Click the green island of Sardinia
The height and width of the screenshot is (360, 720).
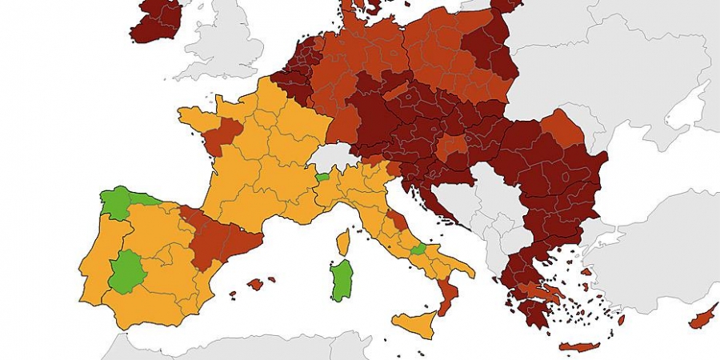click(342, 280)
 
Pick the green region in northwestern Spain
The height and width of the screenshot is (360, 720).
click(120, 202)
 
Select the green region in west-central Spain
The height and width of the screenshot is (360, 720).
click(126, 272)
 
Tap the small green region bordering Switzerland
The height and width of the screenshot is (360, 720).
click(322, 177)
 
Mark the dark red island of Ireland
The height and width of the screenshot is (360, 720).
click(156, 20)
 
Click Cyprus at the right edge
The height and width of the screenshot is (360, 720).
click(704, 318)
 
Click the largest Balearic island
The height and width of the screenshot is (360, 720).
click(256, 284)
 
